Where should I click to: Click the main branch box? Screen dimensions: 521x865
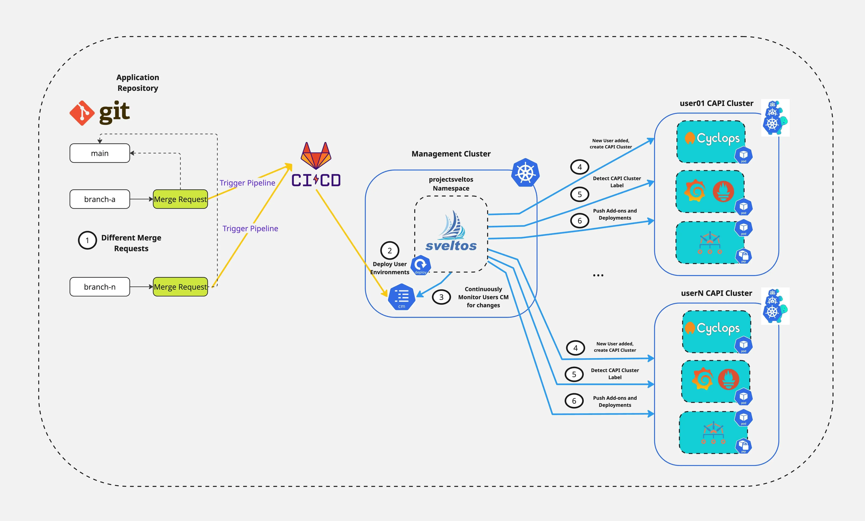click(100, 153)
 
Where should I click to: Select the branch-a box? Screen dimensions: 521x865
click(100, 199)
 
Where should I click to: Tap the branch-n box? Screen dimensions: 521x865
click(100, 287)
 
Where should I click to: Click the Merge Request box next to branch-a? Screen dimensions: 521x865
click(180, 199)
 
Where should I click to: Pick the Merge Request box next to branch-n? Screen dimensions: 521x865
click(180, 287)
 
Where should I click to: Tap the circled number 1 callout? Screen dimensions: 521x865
click(87, 240)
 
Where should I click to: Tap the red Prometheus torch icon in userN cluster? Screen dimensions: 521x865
click(729, 379)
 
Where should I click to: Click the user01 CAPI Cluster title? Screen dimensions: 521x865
click(716, 103)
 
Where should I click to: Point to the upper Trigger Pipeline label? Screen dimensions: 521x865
click(247, 183)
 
